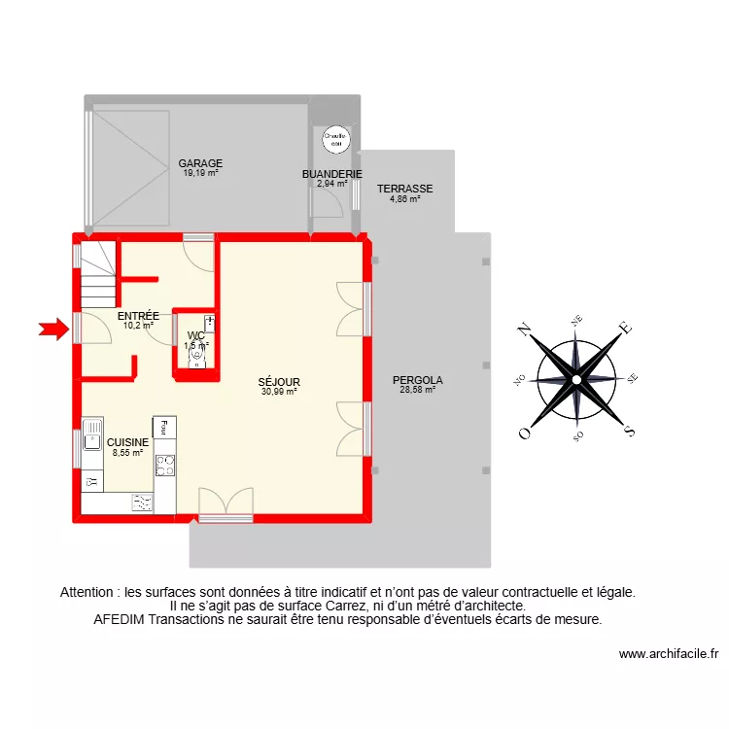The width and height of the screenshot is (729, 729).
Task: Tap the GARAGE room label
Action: [x=200, y=163]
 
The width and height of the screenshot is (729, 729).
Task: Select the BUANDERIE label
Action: [x=332, y=174]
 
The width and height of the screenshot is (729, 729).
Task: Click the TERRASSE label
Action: [x=405, y=189]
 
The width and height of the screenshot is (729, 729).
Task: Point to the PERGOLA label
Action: [x=418, y=380]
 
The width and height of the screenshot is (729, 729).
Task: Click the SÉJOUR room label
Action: [x=279, y=382]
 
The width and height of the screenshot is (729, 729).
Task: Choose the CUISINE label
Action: [x=128, y=441]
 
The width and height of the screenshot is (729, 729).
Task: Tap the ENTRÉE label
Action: [x=138, y=316]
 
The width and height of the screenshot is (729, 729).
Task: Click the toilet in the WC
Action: [x=198, y=357]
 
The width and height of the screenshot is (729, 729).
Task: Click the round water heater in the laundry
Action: [x=335, y=140]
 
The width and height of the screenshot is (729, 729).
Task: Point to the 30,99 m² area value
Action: [x=279, y=392]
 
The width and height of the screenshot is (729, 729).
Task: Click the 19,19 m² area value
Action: [x=200, y=173]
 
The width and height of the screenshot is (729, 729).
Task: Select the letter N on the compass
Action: [x=524, y=329]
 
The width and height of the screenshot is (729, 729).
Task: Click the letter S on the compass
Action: [x=629, y=431]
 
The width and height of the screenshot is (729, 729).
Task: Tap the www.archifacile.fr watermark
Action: [x=669, y=654]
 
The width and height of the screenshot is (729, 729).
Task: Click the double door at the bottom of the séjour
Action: [x=226, y=503]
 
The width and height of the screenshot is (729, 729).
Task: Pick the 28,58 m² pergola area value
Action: [x=418, y=391]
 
